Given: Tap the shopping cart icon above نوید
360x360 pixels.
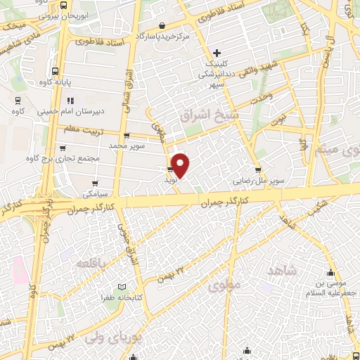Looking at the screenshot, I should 170,170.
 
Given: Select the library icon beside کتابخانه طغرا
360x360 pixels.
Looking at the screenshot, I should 123,288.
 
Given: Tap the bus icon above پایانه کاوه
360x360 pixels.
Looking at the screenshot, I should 56,71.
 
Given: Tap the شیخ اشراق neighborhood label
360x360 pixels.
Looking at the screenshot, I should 210,116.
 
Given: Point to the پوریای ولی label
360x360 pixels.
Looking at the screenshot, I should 112,338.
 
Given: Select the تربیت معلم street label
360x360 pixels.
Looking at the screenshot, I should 84,129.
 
